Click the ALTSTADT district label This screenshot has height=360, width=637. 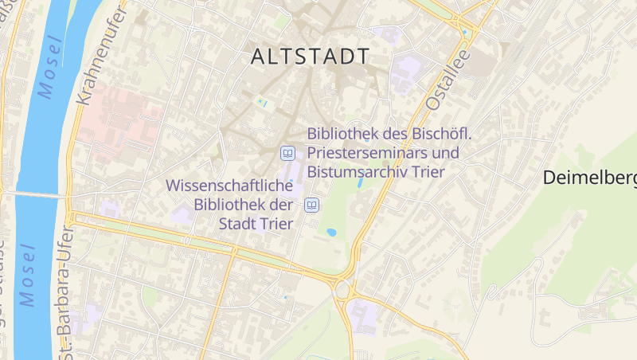point(310,57)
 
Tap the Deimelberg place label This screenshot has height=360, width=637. point(590,178)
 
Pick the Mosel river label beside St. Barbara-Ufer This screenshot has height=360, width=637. point(29,275)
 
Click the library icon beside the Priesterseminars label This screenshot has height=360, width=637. point(287,153)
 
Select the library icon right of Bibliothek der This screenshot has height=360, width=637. point(312,205)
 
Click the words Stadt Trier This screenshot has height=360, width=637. point(256,222)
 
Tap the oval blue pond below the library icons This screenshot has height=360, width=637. point(331,233)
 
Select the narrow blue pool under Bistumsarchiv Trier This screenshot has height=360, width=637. point(361,182)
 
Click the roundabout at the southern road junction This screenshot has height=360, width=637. point(345,289)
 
